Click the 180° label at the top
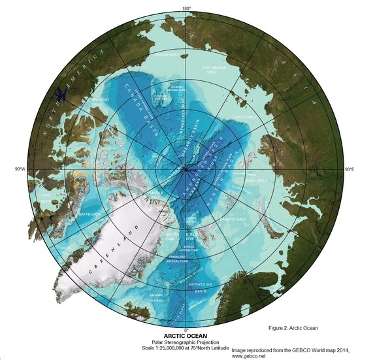186,8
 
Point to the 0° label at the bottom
186,329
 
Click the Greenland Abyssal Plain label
178,259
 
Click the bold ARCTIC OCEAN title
186,335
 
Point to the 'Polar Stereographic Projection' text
186,342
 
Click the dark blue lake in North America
61,95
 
